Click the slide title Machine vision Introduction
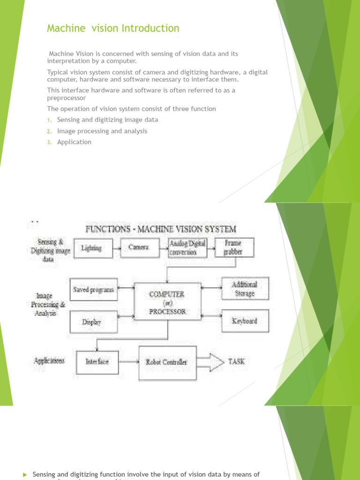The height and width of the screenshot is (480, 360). click(113, 29)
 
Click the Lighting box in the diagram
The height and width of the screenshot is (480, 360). click(92, 248)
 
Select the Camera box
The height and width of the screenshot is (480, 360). click(140, 248)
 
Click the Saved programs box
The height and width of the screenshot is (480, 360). click(93, 290)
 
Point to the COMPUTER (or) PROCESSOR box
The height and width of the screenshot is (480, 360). click(167, 303)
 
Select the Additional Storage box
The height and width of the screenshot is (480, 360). click(244, 289)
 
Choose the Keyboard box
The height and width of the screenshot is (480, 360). click(244, 321)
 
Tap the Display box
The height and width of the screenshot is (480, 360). click(92, 322)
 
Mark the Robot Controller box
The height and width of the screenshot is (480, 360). click(167, 362)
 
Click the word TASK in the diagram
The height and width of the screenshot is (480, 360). click(236, 361)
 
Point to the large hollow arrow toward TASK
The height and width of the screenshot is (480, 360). click(210, 361)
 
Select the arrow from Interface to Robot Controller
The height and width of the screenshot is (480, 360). click(128, 362)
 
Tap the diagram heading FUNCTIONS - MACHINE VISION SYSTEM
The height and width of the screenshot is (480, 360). click(160, 229)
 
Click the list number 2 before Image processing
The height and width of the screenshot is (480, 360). click(49, 131)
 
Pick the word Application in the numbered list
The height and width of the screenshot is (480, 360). click(74, 142)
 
